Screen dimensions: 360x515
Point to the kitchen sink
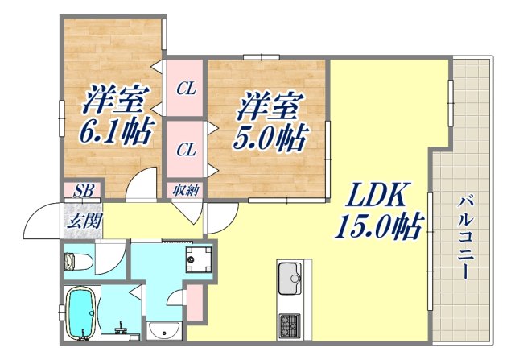click(290, 281)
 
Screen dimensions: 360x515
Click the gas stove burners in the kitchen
click(290, 325)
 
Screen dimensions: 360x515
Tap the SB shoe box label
click(82, 191)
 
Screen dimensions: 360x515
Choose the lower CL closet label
click(186, 151)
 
